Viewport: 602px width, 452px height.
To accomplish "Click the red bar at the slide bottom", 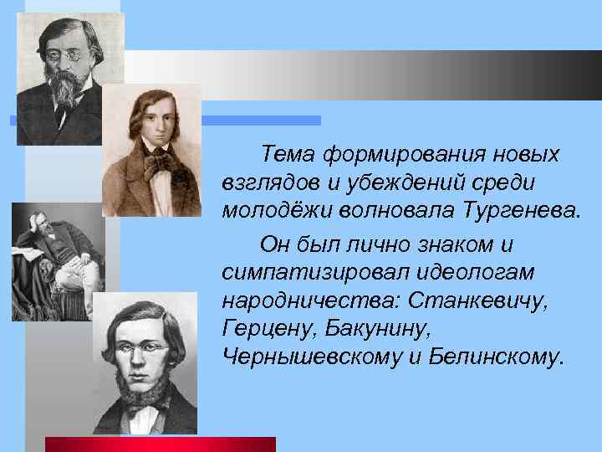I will (160, 444).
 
